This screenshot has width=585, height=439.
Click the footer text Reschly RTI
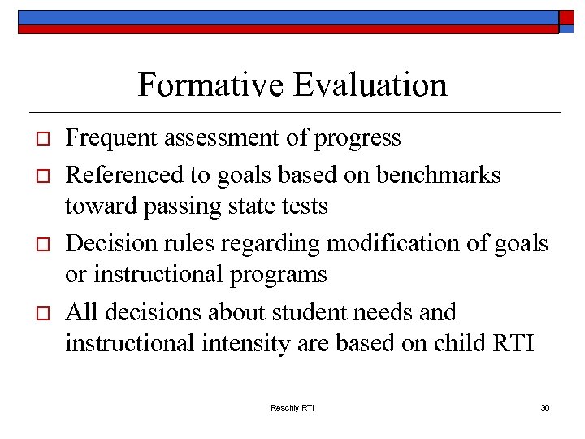click(292, 407)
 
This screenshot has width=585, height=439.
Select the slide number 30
click(545, 407)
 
